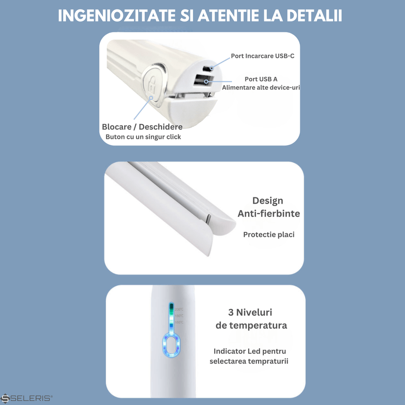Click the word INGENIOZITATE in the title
coord(117,16)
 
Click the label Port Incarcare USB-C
coord(262,56)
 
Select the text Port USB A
coord(261,79)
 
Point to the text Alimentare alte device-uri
coord(261,88)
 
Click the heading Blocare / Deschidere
coord(142,127)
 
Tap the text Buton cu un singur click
coord(143,137)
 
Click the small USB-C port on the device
coord(206,68)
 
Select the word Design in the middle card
coord(268,201)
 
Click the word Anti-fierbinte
coord(269,214)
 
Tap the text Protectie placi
coord(269,234)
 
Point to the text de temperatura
coord(251,325)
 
